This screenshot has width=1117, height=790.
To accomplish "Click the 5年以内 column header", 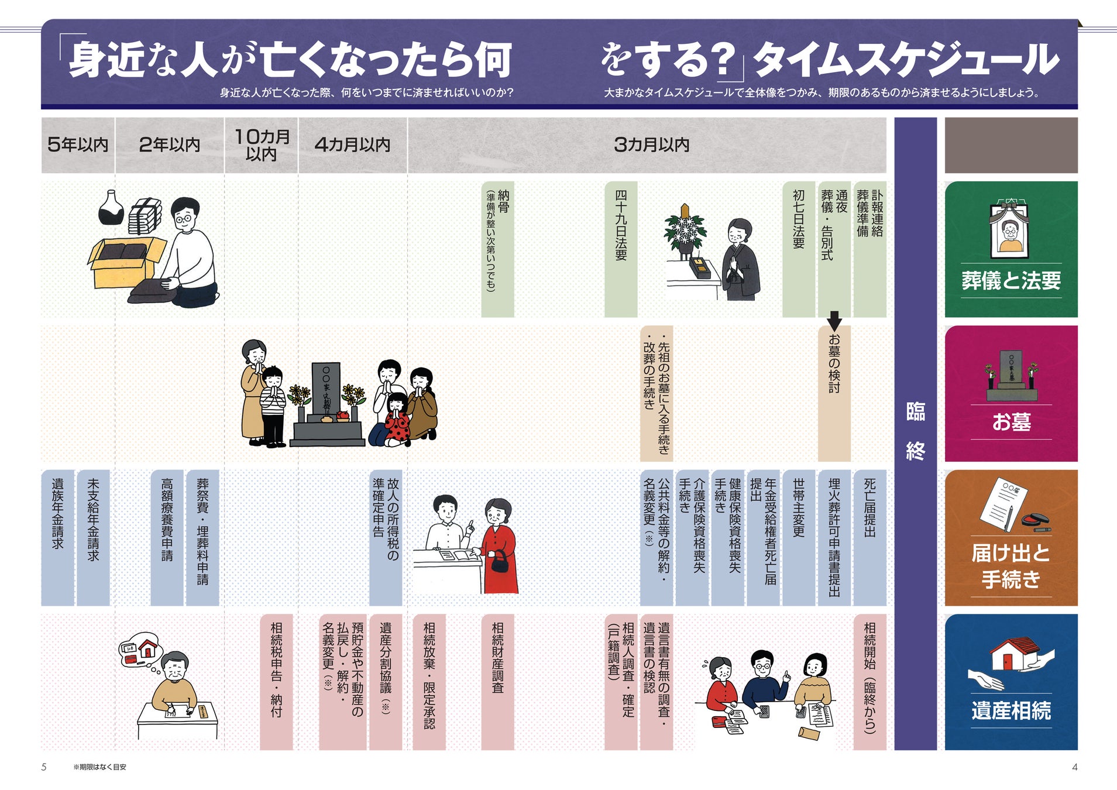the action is pos(78,145).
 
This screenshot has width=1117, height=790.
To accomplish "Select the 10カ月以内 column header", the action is pos(262,145).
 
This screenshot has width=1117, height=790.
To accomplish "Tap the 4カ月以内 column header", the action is pos(352,145).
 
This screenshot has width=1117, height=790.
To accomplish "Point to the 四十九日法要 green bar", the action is pos(621,249).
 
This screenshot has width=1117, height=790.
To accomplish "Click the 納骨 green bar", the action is pos(497,249).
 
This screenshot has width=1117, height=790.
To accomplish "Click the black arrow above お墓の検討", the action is pos(834,320).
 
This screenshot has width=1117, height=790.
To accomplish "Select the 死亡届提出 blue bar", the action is pos(869,537).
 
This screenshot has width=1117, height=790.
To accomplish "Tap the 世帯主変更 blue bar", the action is pos(799,537).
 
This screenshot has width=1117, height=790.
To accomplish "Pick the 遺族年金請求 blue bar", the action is pos(57,537).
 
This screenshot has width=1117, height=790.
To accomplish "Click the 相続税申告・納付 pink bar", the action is pos(276,682).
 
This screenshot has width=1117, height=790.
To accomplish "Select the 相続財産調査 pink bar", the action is pos(497,682).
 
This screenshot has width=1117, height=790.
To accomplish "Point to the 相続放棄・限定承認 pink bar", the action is pos(429,682).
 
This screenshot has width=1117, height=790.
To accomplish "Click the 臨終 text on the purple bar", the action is pos(915,432).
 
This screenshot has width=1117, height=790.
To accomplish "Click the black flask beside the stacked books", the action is pos(111,208).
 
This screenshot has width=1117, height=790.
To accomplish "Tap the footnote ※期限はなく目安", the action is pos(99,767).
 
